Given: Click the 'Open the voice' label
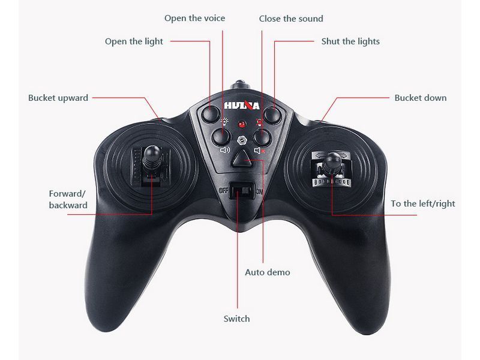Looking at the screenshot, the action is click(194, 19).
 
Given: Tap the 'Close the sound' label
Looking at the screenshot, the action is click(291, 19).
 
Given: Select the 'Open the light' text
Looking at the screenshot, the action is click(134, 41).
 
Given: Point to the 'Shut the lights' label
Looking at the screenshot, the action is click(350, 41).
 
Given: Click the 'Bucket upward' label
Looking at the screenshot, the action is click(58, 98).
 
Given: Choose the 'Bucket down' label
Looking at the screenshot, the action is click(421, 98).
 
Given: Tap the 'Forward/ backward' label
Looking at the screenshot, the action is click(68, 199).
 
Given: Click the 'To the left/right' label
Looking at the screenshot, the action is click(423, 204).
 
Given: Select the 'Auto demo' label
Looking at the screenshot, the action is click(267, 272).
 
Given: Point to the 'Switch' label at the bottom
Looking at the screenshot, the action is click(236, 319).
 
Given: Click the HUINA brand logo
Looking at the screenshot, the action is click(242, 106).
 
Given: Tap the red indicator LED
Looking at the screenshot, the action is click(242, 124).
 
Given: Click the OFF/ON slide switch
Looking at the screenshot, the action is click(242, 190).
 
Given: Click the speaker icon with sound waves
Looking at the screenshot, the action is click(225, 150).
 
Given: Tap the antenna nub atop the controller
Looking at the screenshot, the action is click(241, 85).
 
